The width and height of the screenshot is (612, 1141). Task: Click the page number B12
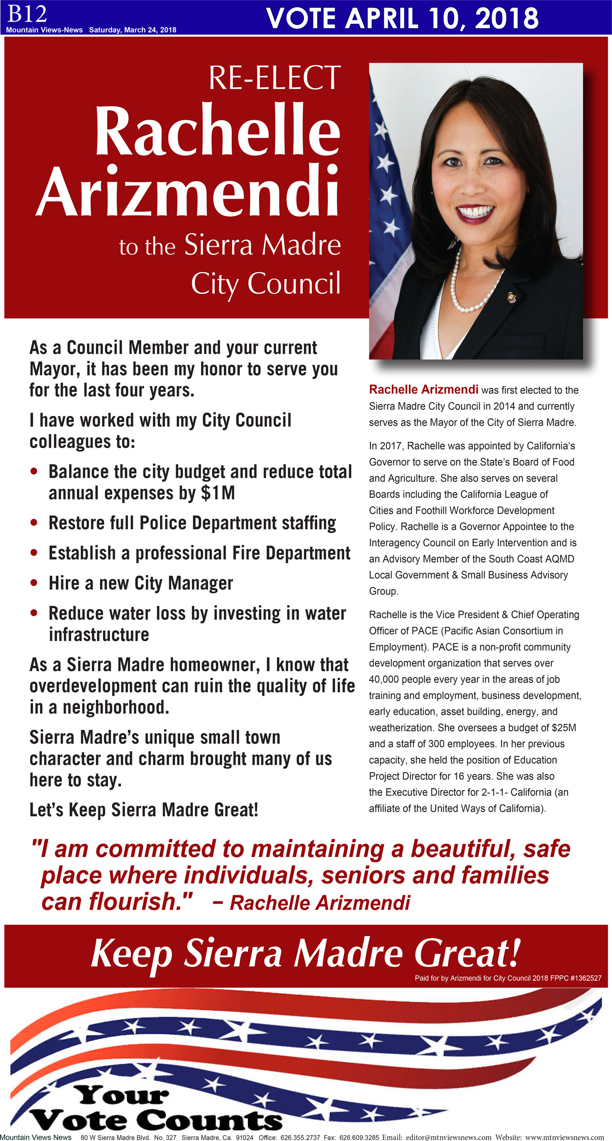click(27, 14)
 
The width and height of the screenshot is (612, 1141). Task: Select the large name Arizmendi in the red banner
click(188, 191)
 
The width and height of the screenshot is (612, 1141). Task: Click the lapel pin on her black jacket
click(511, 297)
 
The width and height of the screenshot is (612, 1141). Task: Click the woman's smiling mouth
click(476, 214)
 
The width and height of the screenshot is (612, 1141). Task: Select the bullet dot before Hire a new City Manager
click(34, 583)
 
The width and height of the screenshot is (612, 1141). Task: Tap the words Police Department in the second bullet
click(208, 523)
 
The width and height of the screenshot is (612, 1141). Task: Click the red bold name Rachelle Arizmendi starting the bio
click(423, 389)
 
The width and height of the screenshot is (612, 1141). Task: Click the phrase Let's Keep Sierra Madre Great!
click(144, 810)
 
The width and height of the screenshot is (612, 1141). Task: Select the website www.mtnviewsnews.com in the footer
click(564, 1137)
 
